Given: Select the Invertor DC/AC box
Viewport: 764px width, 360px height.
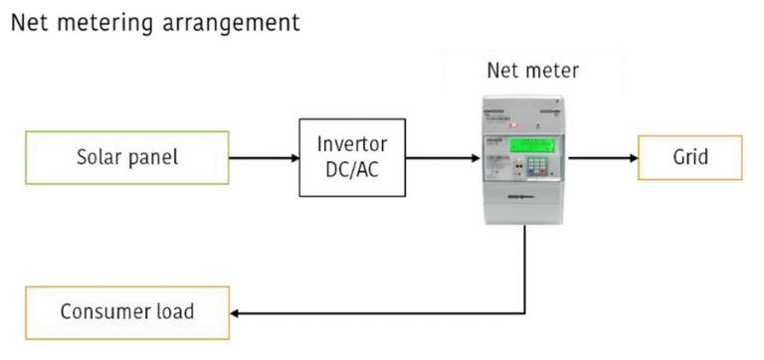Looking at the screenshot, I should point(352,157).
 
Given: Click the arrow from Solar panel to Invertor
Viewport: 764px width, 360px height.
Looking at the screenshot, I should point(264,157).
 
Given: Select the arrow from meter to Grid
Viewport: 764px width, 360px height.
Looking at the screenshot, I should point(603,157).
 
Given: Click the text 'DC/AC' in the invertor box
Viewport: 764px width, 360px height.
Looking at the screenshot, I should point(352,168).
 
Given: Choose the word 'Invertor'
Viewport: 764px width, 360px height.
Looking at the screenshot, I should point(352,144).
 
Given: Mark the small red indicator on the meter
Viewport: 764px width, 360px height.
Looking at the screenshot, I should point(514,126).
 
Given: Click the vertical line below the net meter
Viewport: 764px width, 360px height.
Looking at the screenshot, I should point(524,269).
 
